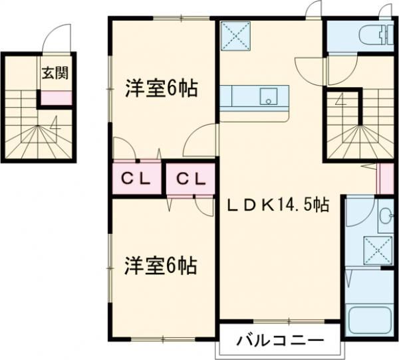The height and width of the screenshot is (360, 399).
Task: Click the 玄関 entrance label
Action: point(55,72)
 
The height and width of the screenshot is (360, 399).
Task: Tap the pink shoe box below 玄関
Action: point(55,98)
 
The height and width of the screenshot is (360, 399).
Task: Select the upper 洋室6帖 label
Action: point(162,88)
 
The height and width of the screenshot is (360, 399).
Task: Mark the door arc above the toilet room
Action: point(384,11)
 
